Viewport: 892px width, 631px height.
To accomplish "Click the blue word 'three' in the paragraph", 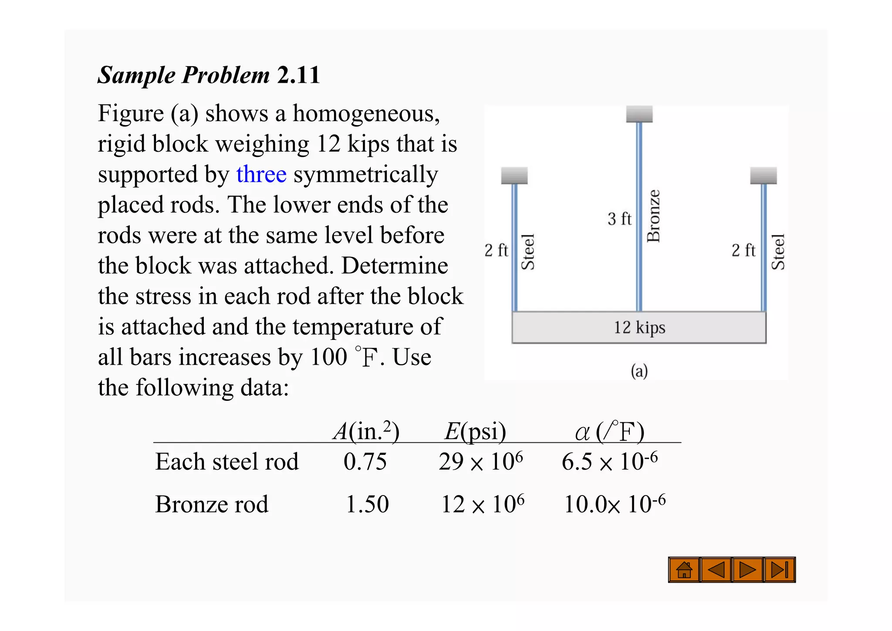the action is (261, 174).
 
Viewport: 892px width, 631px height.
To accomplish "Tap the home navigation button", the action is (684, 570).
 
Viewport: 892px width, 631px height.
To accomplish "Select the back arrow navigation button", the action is (716, 570).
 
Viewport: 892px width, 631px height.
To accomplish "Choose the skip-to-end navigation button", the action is (780, 570).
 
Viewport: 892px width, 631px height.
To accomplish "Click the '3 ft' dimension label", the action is (619, 219).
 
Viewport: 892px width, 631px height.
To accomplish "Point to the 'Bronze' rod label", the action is (654, 216).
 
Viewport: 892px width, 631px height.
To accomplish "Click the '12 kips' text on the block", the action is (639, 327).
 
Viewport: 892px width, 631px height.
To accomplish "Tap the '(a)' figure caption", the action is (639, 371).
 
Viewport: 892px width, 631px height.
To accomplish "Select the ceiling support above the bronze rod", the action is (639, 114).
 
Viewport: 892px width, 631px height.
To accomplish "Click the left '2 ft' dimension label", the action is (496, 251).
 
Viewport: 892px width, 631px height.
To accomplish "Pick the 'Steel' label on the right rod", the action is (778, 252).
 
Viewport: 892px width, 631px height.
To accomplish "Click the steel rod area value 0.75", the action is (365, 462).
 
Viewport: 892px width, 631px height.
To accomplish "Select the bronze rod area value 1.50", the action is (367, 505).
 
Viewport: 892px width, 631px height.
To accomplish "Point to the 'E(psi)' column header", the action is (475, 432).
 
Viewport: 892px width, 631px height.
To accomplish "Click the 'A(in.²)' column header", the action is (366, 431).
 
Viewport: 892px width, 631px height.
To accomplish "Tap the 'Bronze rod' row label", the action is (212, 505).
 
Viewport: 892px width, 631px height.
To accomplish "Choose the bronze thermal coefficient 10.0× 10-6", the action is (615, 505).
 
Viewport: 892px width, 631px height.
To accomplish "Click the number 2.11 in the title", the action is (298, 75).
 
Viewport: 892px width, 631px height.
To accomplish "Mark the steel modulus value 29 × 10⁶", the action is (480, 462).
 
